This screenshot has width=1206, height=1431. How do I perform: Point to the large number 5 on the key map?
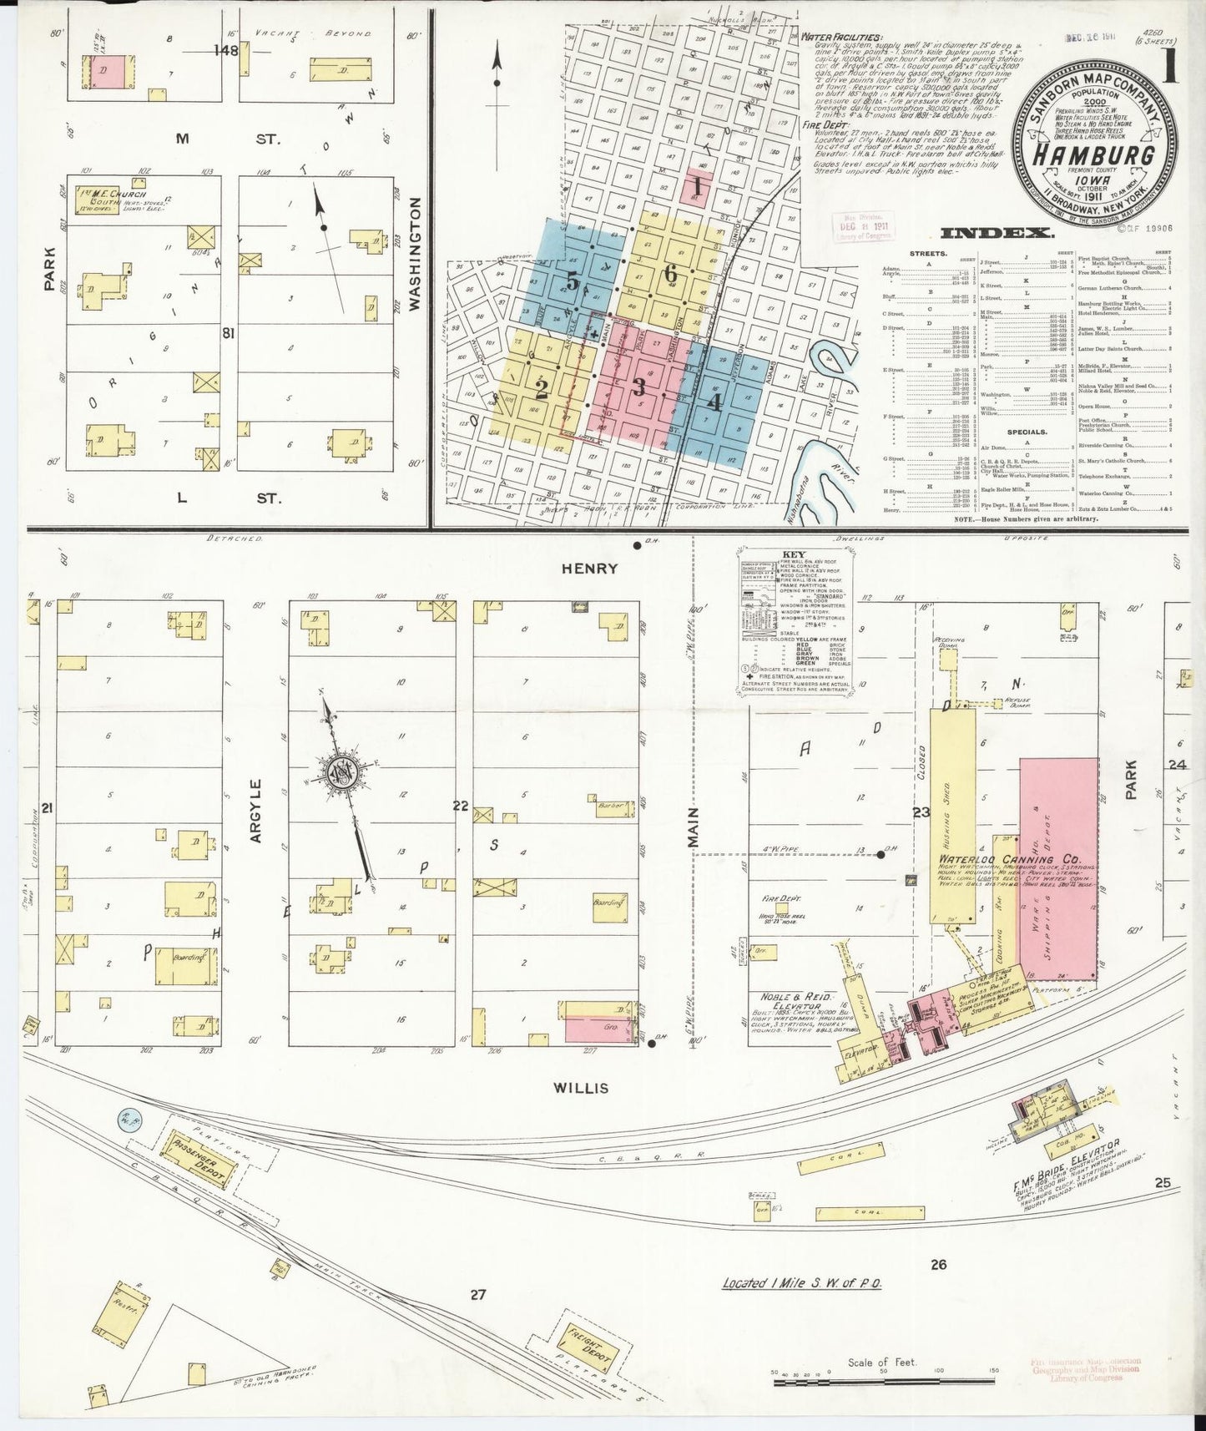(x=572, y=282)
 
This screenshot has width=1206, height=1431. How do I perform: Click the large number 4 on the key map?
(x=714, y=403)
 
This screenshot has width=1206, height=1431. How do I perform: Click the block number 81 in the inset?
(x=226, y=334)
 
